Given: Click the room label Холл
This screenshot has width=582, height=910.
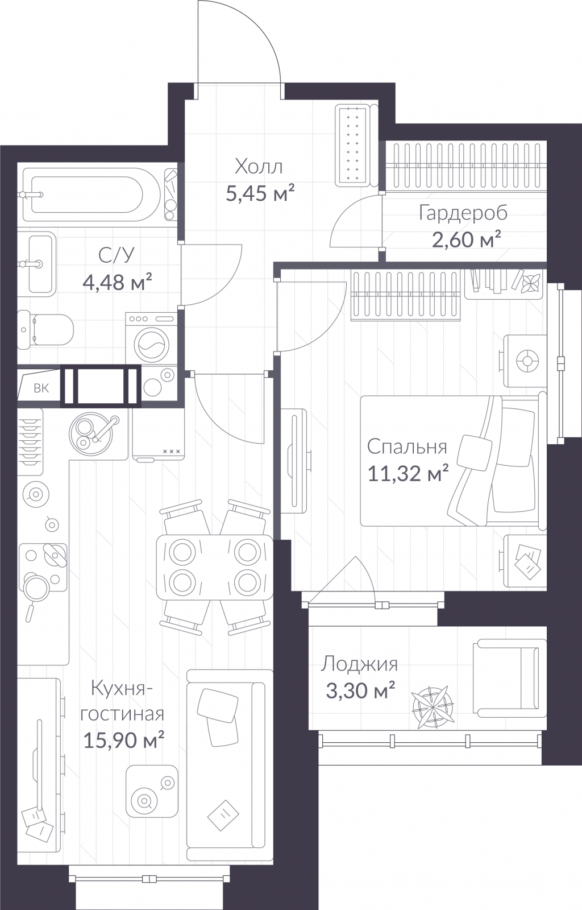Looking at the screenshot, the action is tap(259, 167).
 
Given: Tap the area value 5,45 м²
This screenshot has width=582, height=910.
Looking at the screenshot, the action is tap(260, 193).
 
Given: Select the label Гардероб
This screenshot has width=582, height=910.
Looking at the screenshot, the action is tap(463, 213).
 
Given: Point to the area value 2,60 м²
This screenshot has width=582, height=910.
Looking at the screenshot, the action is tap(466, 239).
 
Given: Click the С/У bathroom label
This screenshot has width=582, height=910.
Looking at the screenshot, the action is tap(116, 255).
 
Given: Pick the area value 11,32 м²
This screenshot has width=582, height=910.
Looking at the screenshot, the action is tap(408, 473).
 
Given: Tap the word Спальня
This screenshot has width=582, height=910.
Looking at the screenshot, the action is tap(407, 447).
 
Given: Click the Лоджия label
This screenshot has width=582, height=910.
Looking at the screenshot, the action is tap(359, 664).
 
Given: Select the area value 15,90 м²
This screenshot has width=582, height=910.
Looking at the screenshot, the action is tap(123, 739).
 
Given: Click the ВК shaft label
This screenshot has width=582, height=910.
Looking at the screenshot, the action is tap(41, 388).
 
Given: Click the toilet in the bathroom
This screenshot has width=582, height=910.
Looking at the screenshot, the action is tap(45, 329).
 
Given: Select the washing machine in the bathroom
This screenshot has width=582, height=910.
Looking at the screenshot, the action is tap(151, 338).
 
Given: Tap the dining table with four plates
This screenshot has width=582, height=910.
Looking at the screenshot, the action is tap(215, 566).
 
